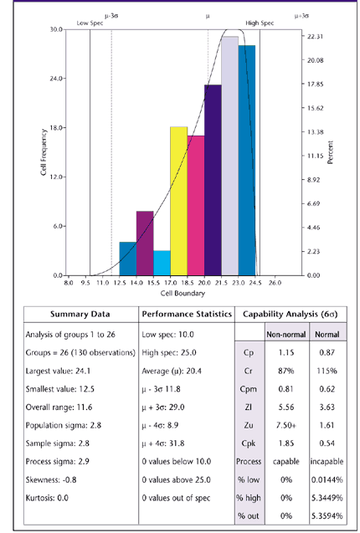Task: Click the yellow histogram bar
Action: click(178, 201)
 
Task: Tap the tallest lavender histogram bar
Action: click(229, 156)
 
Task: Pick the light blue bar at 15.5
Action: click(162, 263)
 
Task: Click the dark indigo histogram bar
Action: click(213, 180)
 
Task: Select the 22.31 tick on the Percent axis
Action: click(315, 38)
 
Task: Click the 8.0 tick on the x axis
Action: click(69, 284)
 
